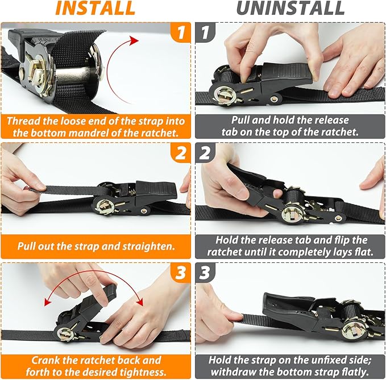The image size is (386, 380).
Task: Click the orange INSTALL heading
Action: [96, 9]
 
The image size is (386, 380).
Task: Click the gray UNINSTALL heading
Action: [290, 9]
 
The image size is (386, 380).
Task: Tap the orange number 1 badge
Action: [181, 32]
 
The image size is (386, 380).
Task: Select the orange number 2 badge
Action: [181, 152]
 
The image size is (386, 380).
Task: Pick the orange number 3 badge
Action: [181, 272]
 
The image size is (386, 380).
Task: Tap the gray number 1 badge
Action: [205, 32]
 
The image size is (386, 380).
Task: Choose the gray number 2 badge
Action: [205, 152]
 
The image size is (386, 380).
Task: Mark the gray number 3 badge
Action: [205, 272]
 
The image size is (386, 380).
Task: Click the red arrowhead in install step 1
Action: [134, 40]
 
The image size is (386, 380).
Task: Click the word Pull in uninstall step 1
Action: [240, 120]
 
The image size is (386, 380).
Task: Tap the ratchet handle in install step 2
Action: [155, 189]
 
